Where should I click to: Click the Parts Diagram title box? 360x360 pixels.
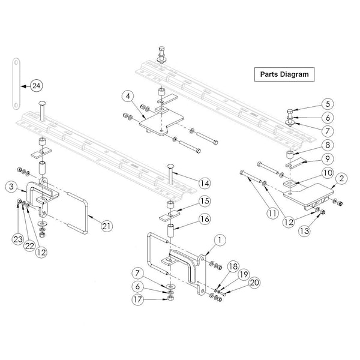(x=284, y=74)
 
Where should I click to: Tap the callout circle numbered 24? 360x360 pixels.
(x=36, y=86)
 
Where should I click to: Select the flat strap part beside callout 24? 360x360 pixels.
(x=16, y=84)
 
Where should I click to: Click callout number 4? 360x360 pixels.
(x=128, y=96)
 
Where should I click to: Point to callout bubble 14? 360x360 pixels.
(x=205, y=183)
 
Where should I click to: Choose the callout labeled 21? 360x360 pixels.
(x=107, y=226)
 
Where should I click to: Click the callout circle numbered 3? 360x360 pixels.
(x=11, y=187)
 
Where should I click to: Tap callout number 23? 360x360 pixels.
(x=18, y=239)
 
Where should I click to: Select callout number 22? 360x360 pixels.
(x=29, y=245)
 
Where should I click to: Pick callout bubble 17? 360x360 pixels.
(x=138, y=299)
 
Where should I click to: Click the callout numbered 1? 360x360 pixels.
(x=220, y=240)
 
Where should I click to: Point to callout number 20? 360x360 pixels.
(x=254, y=283)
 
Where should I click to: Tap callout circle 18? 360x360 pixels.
(x=233, y=266)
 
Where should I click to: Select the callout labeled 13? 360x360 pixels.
(x=305, y=231)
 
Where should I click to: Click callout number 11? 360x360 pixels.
(x=272, y=214)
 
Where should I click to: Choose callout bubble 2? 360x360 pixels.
(x=341, y=178)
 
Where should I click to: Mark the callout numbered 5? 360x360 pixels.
(x=328, y=104)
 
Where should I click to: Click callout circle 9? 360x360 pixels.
(x=328, y=158)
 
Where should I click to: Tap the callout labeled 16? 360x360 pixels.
(x=205, y=219)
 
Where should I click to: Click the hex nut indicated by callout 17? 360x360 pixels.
(x=170, y=298)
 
